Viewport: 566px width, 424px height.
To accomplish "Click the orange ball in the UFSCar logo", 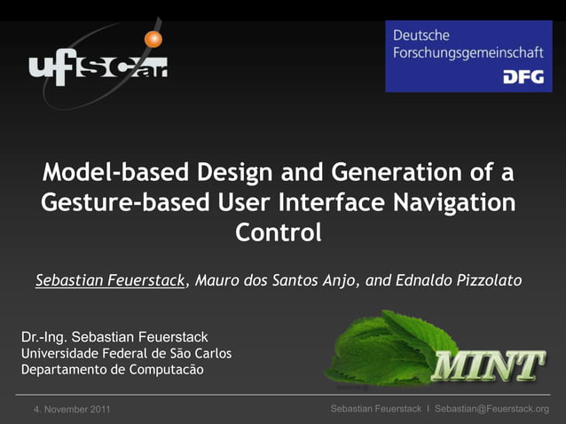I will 154,39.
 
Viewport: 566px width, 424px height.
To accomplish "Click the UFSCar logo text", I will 98,68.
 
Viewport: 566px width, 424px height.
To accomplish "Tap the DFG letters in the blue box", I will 523,77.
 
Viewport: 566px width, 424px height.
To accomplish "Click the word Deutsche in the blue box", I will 421,35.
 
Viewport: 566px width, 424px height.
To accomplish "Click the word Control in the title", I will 278,234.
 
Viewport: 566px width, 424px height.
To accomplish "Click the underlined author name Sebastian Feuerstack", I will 111,281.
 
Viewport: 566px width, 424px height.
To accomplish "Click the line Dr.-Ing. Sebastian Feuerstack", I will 114,337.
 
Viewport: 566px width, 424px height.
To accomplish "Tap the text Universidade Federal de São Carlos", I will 126,353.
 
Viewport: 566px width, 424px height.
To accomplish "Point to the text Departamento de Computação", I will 112,369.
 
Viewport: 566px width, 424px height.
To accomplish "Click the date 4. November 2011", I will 72,409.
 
